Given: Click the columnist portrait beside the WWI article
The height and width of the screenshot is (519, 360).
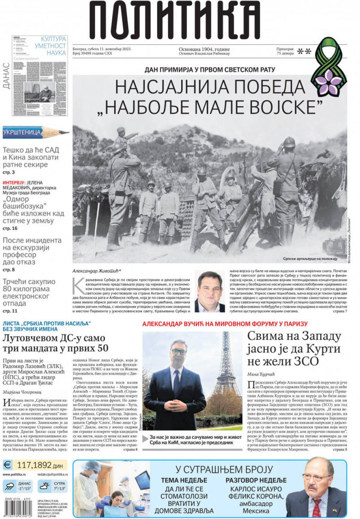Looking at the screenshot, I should [209, 292].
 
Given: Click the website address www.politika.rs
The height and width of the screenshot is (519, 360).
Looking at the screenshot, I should [15, 474].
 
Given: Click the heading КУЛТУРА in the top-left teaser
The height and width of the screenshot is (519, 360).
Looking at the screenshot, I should [53, 39].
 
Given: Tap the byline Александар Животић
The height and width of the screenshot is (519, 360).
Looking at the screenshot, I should [97, 271].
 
